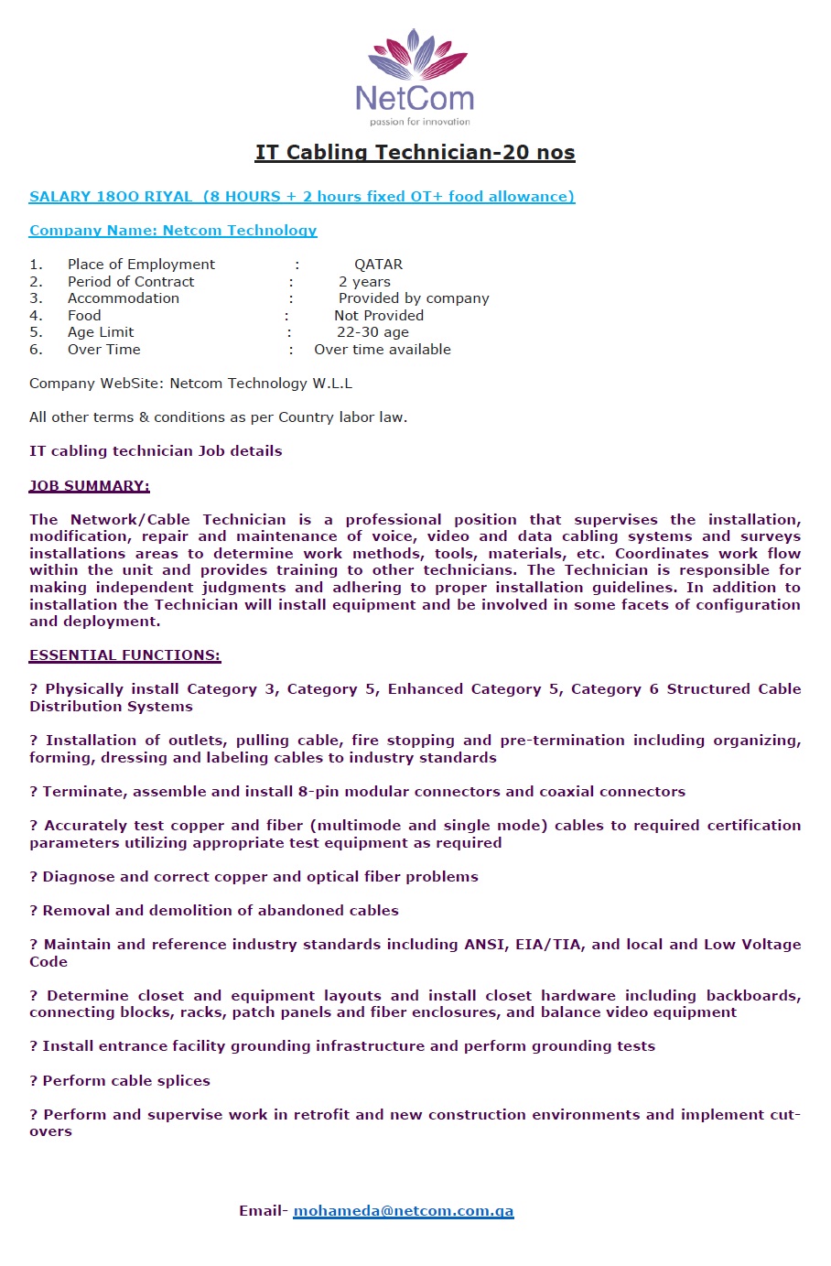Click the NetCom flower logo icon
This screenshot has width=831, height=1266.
pos(416,55)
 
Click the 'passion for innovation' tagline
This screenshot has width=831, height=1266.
pos(420,121)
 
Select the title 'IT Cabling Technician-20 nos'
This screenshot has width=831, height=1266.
pos(415,153)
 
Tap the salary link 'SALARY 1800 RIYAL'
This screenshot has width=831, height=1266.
pos(111,196)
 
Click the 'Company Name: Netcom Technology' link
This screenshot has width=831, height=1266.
pos(173,231)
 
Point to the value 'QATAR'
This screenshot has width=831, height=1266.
pos(378,265)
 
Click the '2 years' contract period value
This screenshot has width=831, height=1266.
pos(364,282)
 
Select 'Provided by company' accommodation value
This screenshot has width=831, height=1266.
pos(414,298)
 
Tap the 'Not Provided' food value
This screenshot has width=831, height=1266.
pos(379,316)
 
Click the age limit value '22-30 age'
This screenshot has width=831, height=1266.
pos(372,332)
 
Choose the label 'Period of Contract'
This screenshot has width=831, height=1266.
pos(131,282)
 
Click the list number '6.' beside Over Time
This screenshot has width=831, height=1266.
pos(36,350)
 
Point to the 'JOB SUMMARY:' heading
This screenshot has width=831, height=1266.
pos(90,486)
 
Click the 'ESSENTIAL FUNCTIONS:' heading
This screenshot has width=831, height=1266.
pos(124,655)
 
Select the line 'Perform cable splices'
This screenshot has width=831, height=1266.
pos(126,1081)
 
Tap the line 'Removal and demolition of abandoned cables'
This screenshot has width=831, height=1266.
pos(221,911)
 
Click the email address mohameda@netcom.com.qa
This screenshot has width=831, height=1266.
pos(403,1211)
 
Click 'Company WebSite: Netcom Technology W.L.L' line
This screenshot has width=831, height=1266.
pos(190,384)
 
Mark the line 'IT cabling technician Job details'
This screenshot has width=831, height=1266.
pos(156,451)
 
